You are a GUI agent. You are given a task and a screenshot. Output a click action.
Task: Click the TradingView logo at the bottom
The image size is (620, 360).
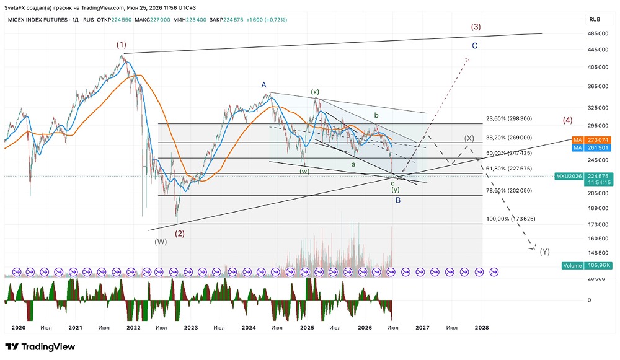tap(40, 347)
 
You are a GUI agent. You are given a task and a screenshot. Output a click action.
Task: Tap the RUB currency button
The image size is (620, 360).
tap(595, 19)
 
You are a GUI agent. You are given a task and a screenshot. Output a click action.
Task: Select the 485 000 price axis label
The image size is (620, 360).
tap(598, 33)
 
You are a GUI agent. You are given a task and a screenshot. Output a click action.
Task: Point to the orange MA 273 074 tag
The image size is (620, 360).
tap(591, 140)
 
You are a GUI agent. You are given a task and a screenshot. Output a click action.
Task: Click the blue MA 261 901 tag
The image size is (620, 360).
tap(591, 148)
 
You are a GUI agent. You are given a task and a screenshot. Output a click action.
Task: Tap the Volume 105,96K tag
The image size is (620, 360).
tap(587, 266)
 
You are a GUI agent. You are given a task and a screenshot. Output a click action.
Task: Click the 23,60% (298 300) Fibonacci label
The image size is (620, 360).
tap(509, 118)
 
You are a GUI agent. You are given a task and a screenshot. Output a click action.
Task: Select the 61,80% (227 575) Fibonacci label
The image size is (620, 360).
tap(509, 169)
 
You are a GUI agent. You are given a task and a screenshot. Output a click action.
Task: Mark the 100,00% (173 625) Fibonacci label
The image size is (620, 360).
tap(510, 219)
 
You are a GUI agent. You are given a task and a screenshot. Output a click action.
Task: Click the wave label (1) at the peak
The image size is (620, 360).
tap(121, 45)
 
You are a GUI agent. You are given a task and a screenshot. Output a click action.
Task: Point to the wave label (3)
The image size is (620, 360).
tap(476, 27)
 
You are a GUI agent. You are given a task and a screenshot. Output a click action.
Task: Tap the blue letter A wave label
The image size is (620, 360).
tap(263, 85)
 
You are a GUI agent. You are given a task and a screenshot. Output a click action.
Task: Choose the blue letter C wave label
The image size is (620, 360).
tap(474, 46)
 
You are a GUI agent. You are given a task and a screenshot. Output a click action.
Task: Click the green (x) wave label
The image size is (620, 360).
tap(315, 92)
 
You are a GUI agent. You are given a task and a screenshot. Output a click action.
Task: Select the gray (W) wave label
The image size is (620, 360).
tap(161, 242)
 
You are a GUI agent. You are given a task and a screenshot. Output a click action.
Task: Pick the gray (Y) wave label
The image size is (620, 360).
tap(545, 252)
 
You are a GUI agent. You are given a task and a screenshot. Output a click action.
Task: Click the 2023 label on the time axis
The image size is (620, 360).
tap(191, 328)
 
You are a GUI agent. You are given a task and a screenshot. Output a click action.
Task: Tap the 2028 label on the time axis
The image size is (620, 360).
tap(482, 328)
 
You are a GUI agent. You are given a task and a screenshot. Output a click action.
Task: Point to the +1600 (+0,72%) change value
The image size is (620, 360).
tap(267, 20)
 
